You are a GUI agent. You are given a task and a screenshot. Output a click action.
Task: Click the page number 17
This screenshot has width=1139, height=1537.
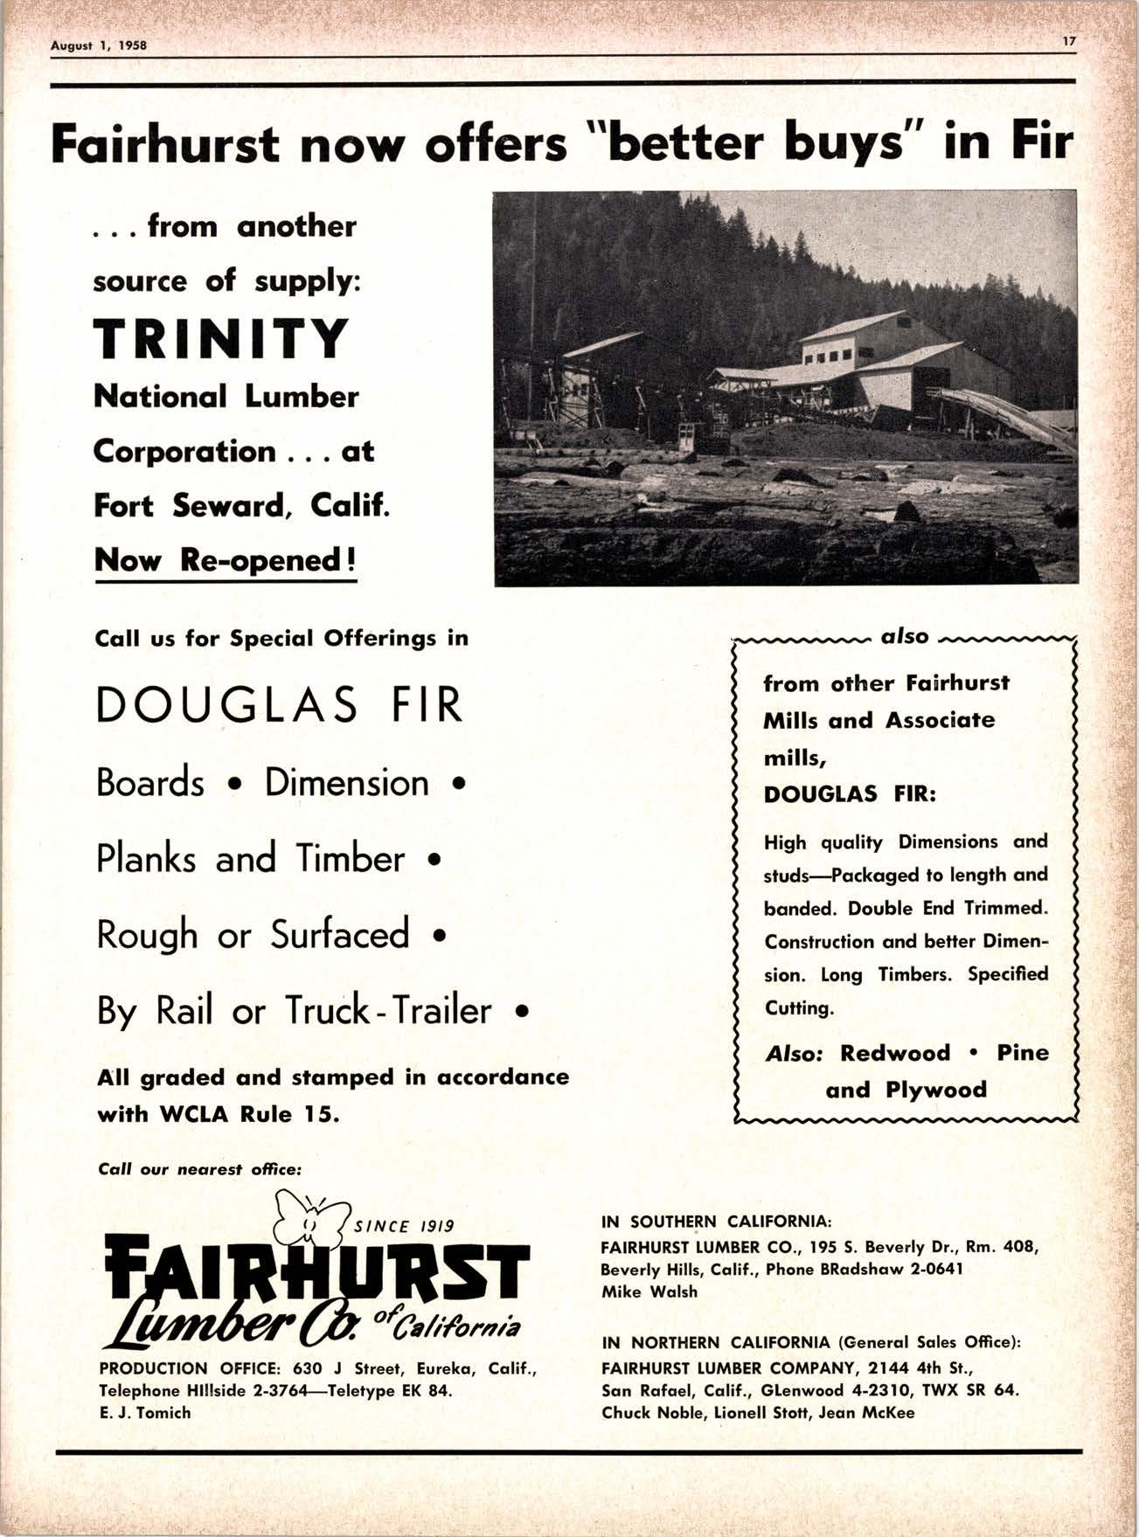pos(1068,40)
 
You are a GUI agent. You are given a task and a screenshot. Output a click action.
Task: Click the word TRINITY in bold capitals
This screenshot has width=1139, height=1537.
pos(221,339)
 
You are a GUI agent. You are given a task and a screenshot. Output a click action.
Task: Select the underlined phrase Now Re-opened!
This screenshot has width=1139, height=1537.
pos(226,559)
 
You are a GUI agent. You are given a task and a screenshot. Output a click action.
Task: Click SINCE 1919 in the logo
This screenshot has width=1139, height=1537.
pos(403,1225)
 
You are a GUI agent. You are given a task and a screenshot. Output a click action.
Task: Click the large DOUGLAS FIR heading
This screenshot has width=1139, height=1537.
pos(279,706)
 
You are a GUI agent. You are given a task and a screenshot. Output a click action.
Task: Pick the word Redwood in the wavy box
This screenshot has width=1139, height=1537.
pos(894,1053)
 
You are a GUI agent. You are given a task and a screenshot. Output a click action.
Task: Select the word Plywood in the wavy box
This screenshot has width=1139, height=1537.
pos(936,1090)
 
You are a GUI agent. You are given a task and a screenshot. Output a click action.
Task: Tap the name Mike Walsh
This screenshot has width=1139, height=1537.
pos(649,1291)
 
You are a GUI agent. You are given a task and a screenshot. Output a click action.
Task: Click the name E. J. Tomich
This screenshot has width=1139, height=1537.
pos(145,1412)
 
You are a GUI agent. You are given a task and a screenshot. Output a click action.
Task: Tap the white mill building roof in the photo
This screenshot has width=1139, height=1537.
pos(852,326)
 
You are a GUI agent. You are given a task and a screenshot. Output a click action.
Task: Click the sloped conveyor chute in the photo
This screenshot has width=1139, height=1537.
pos(1005,415)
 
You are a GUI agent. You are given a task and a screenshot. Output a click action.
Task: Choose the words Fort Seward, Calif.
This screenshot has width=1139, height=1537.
pos(240,506)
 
